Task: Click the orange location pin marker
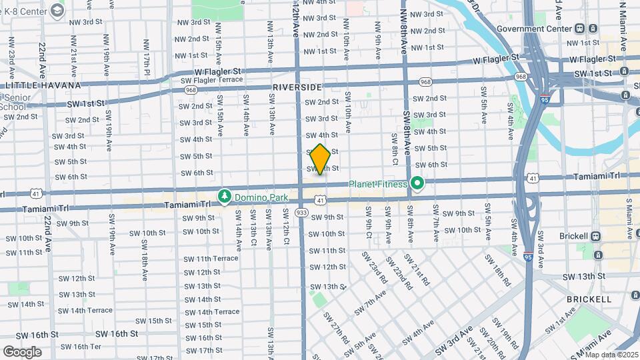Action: tap(320, 159)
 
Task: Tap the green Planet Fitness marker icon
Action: tap(418, 182)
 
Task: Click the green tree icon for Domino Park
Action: tap(225, 195)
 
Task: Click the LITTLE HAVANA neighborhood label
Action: tap(43, 85)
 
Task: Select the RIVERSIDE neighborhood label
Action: tap(297, 87)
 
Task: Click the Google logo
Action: tap(22, 351)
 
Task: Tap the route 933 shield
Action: tap(302, 212)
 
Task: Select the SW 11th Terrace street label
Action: tap(211, 259)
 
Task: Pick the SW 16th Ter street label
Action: tap(87, 347)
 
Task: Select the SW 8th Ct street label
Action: tap(395, 149)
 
